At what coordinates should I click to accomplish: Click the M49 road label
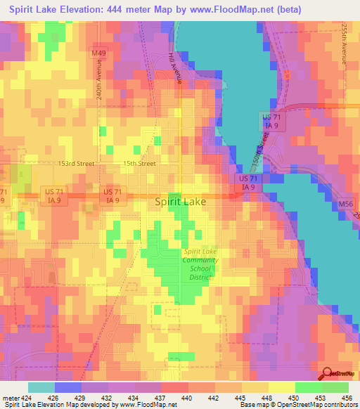coord(98,53)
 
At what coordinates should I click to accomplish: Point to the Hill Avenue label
coord(175,68)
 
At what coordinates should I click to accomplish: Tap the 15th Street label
coord(139,163)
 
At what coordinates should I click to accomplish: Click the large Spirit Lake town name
coord(180,202)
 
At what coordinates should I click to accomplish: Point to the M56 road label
coord(345,204)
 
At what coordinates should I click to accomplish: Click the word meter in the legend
coord(11,398)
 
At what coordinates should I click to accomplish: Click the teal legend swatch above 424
coord(41,387)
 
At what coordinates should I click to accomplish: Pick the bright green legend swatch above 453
coord(308,387)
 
